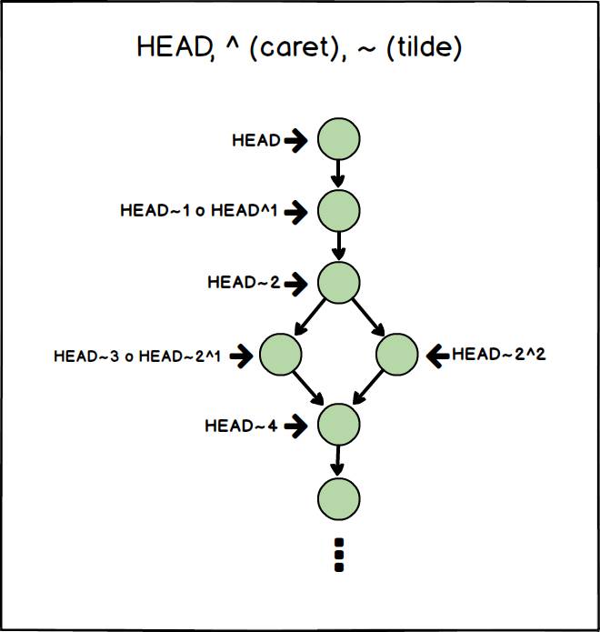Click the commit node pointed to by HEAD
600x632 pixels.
click(338, 139)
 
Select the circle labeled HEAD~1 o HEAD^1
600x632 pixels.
click(338, 211)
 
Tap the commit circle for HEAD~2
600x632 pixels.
click(338, 282)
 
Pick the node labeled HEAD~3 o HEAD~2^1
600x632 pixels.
click(280, 355)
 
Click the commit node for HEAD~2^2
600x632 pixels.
click(396, 355)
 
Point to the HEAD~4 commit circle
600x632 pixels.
click(338, 425)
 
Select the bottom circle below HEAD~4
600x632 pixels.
click(338, 497)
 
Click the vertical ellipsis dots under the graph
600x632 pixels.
click(339, 555)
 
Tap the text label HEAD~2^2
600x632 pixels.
click(498, 354)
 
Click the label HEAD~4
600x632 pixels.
click(241, 425)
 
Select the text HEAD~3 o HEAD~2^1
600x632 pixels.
click(138, 356)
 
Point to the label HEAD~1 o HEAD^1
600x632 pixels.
click(198, 211)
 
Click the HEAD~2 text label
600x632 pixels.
click(243, 282)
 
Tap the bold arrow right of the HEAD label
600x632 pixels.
click(296, 140)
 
